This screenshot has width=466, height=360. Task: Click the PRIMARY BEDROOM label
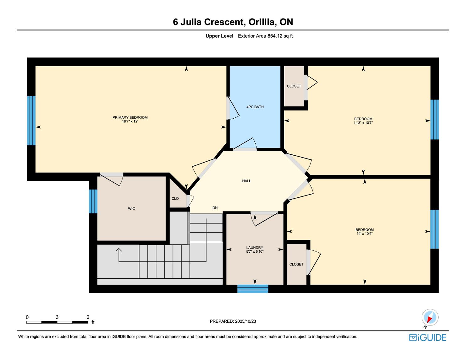coord(130,117)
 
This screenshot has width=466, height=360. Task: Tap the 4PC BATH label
coord(255,107)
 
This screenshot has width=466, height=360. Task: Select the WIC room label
coord(132,208)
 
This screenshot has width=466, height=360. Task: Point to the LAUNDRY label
coord(255,248)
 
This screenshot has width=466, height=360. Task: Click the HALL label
coord(247,181)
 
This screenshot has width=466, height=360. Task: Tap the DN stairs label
coord(215,208)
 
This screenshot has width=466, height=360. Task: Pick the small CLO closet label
coord(175,199)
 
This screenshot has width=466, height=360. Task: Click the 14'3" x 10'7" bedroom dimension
coord(363,123)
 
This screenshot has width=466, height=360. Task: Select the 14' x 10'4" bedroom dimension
coord(365,234)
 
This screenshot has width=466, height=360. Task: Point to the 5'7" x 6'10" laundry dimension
coord(255,251)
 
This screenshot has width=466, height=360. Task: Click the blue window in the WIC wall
coord(93,201)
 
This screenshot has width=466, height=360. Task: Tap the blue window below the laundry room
coord(252,289)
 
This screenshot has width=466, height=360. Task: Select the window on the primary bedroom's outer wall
coord(31,121)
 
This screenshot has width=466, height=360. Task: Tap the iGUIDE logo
coord(428,337)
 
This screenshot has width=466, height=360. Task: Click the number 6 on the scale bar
coord(88,317)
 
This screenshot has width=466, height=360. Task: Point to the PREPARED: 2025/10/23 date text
coord(233,321)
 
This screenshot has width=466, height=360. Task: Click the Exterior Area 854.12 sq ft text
coord(265,36)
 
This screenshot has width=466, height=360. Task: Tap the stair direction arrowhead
coord(119,250)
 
